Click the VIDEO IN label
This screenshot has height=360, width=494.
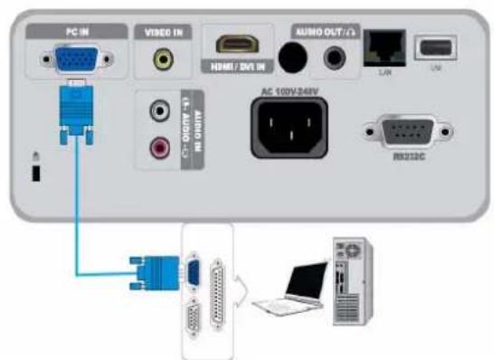163,31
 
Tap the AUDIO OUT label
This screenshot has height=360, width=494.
323,31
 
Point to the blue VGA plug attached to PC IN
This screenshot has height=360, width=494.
74,112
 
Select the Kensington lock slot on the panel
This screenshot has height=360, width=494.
35,172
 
